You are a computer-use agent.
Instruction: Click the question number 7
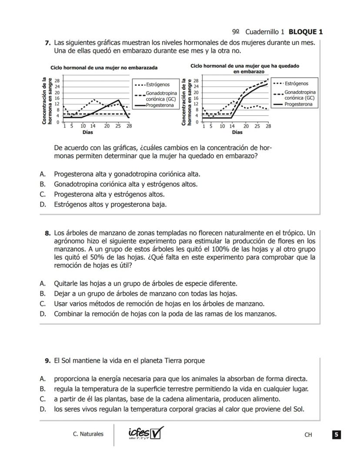(x=47, y=43)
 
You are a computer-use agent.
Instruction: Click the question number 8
(x=47, y=233)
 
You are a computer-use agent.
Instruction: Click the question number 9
(x=47, y=361)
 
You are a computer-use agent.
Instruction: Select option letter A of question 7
(x=43, y=174)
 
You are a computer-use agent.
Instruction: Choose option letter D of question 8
(x=43, y=314)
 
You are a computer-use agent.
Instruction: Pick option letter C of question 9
(x=43, y=399)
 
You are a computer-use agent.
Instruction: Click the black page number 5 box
(x=337, y=434)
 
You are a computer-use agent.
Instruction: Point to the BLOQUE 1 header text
(x=306, y=32)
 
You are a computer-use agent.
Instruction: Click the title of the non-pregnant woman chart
(x=104, y=68)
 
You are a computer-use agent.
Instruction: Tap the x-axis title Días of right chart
(x=237, y=132)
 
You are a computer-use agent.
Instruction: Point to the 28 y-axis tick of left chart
(x=57, y=81)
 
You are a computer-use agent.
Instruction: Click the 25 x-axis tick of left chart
(x=118, y=126)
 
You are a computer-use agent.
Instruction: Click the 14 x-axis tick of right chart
(x=232, y=126)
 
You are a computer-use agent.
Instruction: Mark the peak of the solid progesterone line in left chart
(x=119, y=100)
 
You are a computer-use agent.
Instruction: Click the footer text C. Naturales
(x=88, y=434)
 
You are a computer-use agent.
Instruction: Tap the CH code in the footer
(x=309, y=434)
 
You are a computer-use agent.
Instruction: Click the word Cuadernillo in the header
(x=264, y=32)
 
